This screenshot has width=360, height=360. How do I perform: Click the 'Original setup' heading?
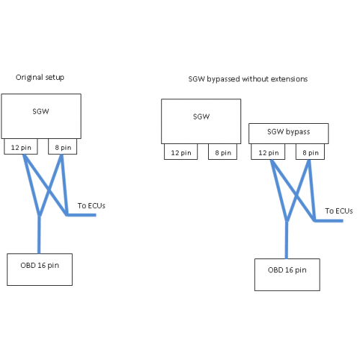tap(40, 77)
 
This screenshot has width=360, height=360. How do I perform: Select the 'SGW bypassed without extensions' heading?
tap(248, 79)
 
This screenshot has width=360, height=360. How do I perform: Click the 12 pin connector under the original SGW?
tap(21, 147)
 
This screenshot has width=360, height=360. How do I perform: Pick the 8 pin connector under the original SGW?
tap(63, 147)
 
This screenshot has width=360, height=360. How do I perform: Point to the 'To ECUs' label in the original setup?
tap(91, 206)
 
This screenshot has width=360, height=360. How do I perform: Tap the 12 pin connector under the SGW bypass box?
tap(268, 152)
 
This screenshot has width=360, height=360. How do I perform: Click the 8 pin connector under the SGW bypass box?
tap(310, 152)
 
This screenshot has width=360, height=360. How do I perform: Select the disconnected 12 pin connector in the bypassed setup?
tap(181, 152)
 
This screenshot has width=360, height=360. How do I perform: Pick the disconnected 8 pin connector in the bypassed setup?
tap(222, 152)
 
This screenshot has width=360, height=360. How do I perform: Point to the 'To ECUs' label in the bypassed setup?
tap(339, 211)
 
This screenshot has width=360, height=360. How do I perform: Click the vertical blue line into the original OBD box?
tap(39, 235)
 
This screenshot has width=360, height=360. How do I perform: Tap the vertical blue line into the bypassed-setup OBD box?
tap(287, 240)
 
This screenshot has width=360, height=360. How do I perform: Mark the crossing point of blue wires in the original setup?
tap(49, 191)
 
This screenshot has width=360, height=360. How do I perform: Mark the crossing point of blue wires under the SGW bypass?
tap(297, 196)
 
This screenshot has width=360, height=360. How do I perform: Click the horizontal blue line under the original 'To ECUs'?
tap(81, 215)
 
